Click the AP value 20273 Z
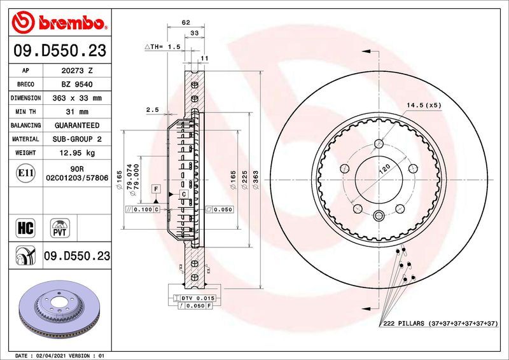(x=76, y=71)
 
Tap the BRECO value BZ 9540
(x=76, y=84)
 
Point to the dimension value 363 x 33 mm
(x=76, y=98)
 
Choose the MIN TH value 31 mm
(x=76, y=112)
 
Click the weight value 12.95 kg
(x=76, y=153)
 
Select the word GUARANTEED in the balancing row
(x=76, y=125)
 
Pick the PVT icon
(x=61, y=228)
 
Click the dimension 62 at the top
(x=186, y=22)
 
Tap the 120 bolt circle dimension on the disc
(x=385, y=170)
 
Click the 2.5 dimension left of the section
(x=152, y=109)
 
